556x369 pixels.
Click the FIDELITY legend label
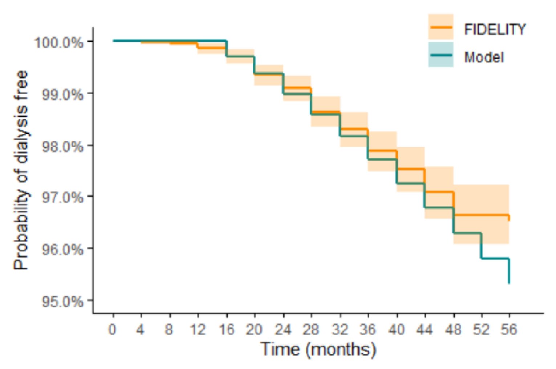point(495,29)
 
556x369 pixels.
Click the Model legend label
point(484,57)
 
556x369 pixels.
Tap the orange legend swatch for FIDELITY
point(441,27)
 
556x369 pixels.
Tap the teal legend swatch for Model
point(441,55)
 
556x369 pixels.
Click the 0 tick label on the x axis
point(113,329)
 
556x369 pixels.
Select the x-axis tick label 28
point(311,329)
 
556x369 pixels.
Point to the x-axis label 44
point(424,329)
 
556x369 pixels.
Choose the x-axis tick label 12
point(198,329)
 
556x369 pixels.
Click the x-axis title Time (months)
point(318,349)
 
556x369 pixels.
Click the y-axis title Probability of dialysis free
point(21,170)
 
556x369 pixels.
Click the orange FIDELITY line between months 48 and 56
point(481,215)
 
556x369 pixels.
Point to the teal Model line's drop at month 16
point(226,48)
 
